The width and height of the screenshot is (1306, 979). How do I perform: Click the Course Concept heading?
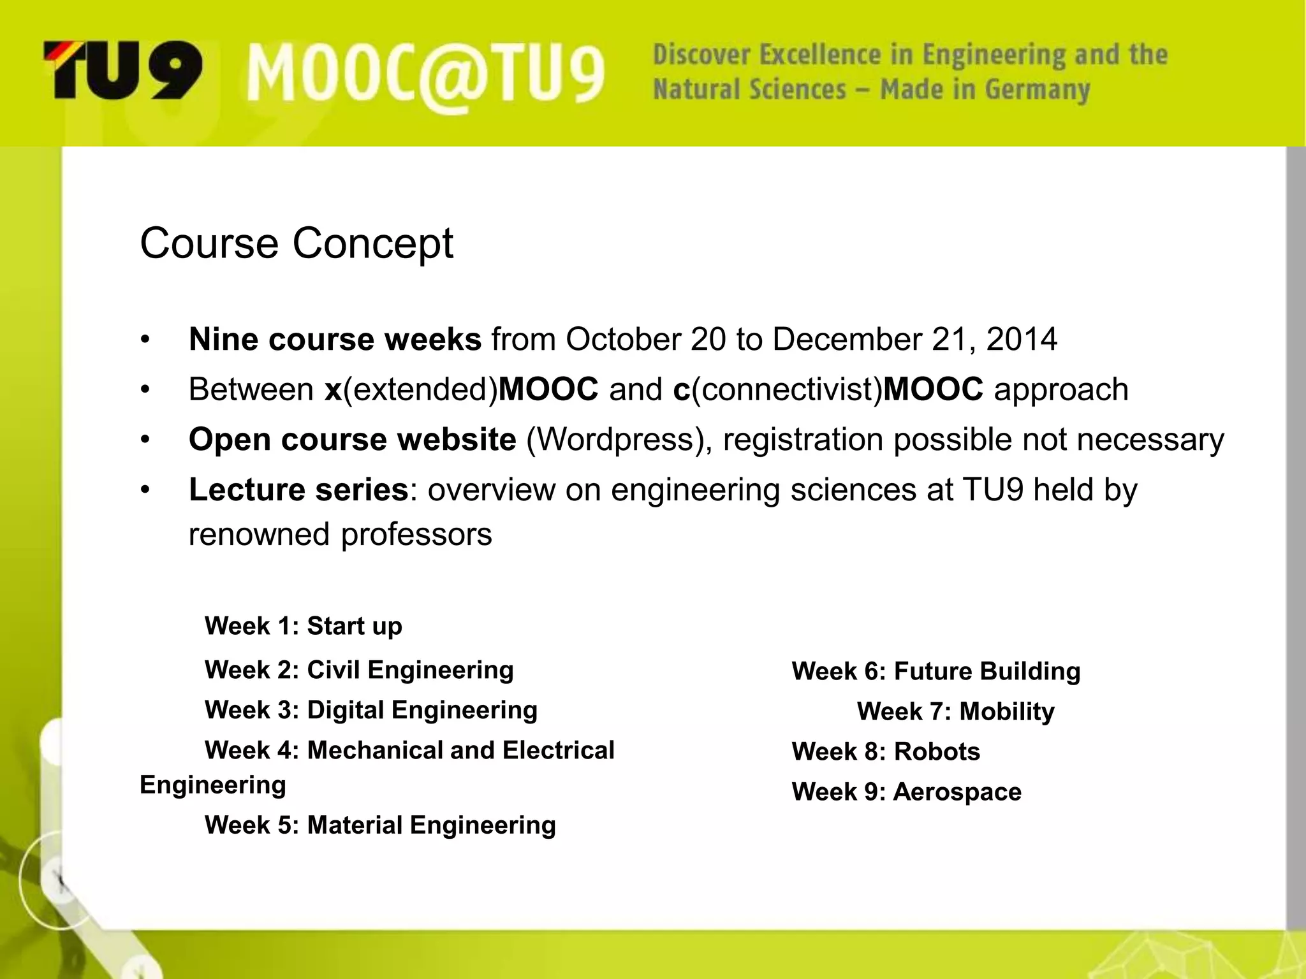(296, 243)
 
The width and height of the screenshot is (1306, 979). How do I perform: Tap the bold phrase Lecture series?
(298, 490)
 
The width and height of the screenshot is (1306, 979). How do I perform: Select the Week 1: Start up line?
(304, 626)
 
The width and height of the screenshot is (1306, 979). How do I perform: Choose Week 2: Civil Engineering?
(359, 670)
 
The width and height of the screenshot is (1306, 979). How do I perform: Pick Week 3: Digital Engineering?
(371, 710)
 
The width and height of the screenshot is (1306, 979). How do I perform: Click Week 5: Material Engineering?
(380, 825)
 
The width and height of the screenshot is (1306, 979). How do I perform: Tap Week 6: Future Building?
(936, 671)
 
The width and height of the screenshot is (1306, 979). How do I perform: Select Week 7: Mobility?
(955, 711)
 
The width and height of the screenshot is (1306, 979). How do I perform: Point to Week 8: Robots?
(886, 751)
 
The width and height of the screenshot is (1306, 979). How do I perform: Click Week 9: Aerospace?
(906, 792)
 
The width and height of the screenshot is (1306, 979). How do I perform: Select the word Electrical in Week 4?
(558, 750)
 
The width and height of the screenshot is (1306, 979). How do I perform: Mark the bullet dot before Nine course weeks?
(145, 340)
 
